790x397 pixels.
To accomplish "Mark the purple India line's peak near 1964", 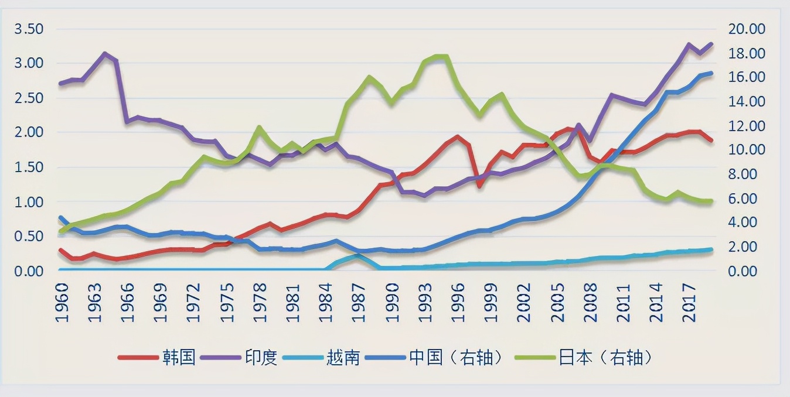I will click(105, 53).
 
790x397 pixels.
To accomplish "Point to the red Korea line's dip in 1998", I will click(480, 186).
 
